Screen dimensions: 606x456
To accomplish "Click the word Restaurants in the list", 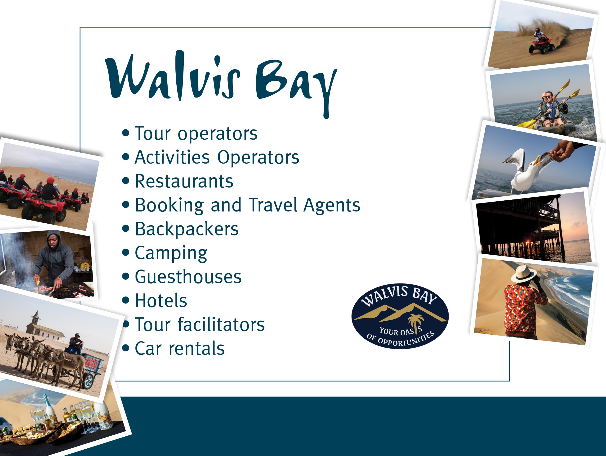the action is tap(184, 181).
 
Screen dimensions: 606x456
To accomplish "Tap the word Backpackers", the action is tap(187, 229).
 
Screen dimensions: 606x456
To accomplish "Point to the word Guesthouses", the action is tap(188, 277).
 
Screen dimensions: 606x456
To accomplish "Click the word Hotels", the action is tap(161, 301).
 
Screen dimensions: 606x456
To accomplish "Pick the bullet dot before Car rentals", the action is tap(126, 348).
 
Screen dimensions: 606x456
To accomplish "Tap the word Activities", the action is tap(172, 157).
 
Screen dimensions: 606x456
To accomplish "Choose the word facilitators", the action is tap(221, 324).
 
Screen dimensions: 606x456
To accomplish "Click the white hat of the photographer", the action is tap(523, 273).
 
